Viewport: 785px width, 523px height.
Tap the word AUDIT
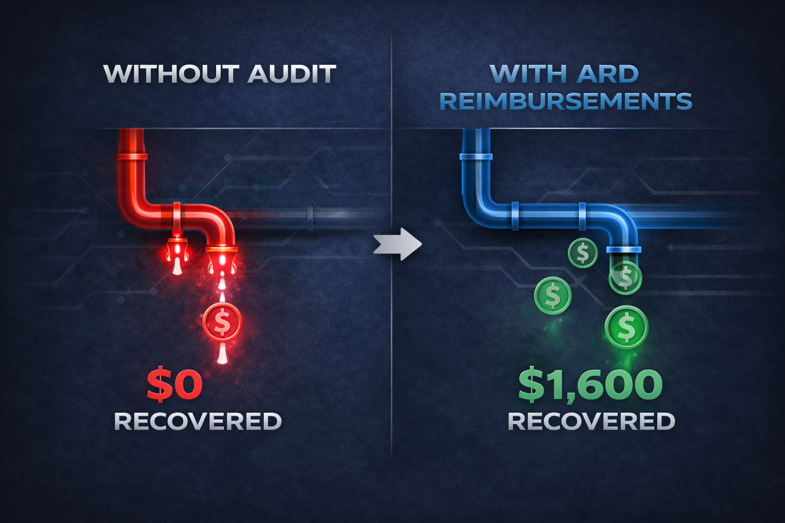292,74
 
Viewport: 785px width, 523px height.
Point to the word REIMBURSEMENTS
566,101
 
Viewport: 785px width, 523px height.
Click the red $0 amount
175,386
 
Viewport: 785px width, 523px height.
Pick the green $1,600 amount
590,386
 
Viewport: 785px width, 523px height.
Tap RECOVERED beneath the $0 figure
198,421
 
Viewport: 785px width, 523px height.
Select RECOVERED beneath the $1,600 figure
591,421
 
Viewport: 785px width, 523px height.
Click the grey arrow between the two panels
398,244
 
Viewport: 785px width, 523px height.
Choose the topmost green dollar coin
583,253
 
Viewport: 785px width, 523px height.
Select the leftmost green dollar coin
552,295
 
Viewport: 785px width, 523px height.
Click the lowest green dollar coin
626,327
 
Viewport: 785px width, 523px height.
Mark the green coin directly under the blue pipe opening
625,277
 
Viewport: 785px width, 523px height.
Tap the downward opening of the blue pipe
624,250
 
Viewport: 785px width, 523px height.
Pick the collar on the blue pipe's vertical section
476,156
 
